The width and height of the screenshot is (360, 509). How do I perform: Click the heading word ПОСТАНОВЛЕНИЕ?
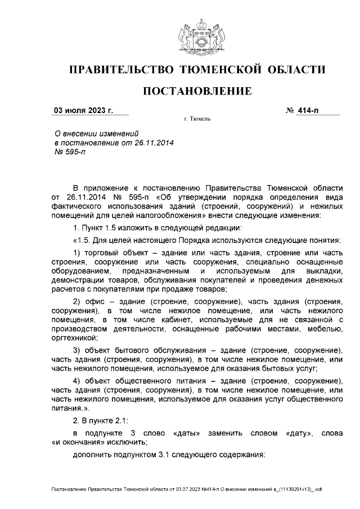point(196,91)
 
